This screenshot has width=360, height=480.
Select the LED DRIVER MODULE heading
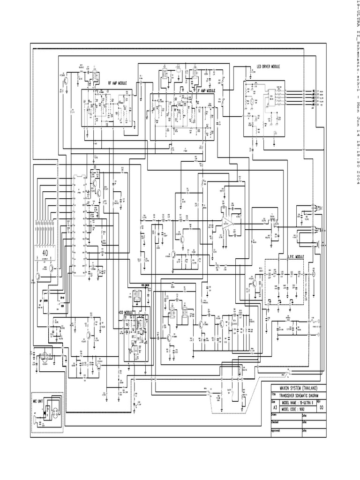268,67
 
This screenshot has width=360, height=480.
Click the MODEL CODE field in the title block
296,409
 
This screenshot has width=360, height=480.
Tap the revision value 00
321,408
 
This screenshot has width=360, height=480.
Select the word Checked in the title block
276,422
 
